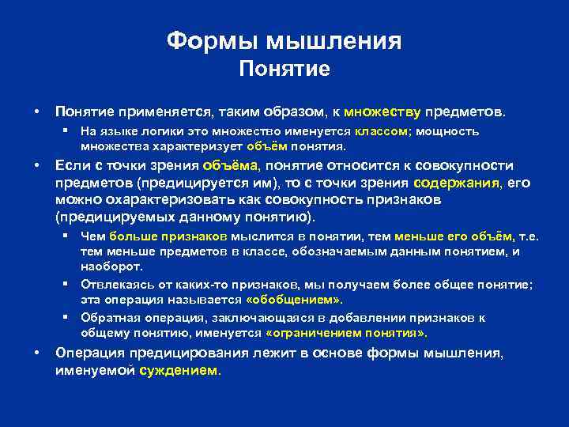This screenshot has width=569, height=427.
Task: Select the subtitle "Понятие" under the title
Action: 284,70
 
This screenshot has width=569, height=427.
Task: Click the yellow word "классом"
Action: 381,132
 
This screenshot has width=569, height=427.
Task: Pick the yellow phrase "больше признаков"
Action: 168,236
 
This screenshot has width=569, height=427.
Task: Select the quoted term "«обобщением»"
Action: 295,300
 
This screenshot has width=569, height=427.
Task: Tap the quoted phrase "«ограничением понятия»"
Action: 358,334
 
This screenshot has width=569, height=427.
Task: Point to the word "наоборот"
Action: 111,267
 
